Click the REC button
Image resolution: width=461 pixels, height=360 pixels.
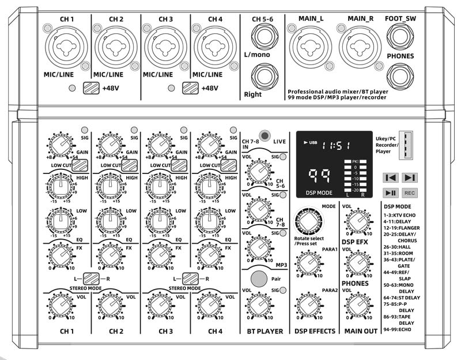pos(410,193)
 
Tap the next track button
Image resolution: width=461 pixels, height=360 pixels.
pos(410,177)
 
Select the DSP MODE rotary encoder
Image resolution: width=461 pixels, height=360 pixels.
pos(307,221)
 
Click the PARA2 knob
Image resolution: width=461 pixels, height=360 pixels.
pos(307,304)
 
